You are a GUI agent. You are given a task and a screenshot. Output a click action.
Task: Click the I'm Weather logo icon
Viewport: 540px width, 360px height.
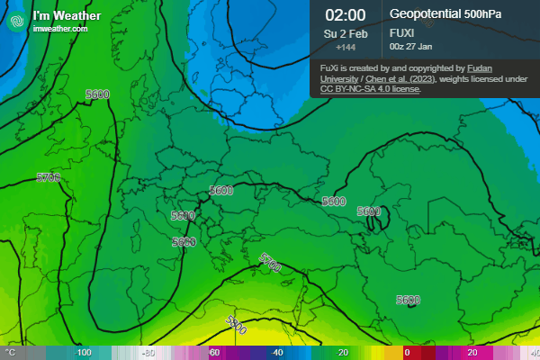pyautogui.click(x=15, y=21)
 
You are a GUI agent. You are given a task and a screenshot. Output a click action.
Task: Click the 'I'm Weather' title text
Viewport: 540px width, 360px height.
pyautogui.click(x=60, y=15)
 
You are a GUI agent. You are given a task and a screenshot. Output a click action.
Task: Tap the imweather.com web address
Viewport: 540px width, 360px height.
pyautogui.click(x=59, y=30)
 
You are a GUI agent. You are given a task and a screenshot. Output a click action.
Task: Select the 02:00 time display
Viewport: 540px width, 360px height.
pyautogui.click(x=346, y=14)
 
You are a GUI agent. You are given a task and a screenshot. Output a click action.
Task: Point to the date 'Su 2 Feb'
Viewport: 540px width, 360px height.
pyautogui.click(x=346, y=33)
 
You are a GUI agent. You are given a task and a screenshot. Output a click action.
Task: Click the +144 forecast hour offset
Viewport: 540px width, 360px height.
pyautogui.click(x=346, y=47)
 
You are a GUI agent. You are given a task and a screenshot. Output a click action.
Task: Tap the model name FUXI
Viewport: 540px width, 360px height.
pyautogui.click(x=401, y=31)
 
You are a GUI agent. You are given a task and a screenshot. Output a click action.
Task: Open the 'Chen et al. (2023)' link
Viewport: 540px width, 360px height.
pyautogui.click(x=373, y=78)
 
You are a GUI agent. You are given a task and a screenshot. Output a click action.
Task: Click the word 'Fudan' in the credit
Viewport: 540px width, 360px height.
pyautogui.click(x=484, y=67)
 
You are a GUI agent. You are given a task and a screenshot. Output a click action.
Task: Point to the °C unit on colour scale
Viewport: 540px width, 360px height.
pyautogui.click(x=12, y=353)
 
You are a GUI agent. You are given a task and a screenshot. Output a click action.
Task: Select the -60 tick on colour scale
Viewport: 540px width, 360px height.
pyautogui.click(x=213, y=353)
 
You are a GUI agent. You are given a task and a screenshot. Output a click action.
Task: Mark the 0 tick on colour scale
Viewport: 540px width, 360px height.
pyautogui.click(x=407, y=353)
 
